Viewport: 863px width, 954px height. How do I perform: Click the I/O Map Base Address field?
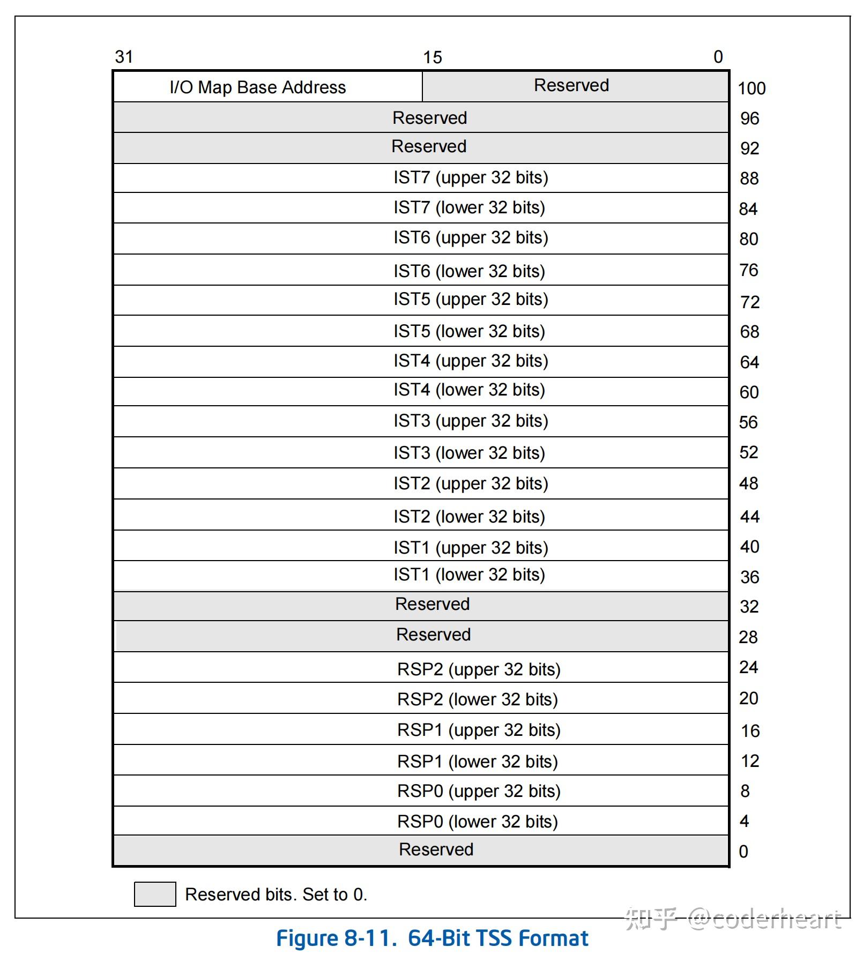click(x=258, y=87)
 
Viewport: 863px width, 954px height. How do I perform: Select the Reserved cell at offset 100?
click(x=571, y=85)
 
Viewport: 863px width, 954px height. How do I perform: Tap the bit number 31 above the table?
click(x=124, y=57)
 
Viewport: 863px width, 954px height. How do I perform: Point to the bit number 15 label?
click(x=432, y=57)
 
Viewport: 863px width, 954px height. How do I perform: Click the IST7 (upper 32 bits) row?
click(x=471, y=177)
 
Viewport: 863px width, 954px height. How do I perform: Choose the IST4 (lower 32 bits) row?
click(x=469, y=390)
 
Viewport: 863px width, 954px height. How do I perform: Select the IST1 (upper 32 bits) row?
click(x=471, y=547)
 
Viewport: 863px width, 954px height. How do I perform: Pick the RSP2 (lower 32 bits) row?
click(x=477, y=699)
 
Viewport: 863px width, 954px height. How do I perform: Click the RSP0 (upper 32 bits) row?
click(x=478, y=791)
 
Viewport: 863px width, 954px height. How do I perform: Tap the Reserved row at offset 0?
click(x=436, y=849)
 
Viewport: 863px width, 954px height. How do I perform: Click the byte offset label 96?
click(x=749, y=118)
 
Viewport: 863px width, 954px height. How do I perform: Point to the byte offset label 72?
click(x=749, y=302)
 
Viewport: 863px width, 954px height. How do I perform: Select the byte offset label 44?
click(x=749, y=517)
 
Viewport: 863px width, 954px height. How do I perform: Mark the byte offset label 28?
click(x=748, y=637)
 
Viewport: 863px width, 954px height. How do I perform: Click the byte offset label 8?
click(x=745, y=791)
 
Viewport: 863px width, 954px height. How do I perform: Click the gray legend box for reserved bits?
click(x=155, y=894)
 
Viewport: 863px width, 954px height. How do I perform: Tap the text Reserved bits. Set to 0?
click(x=276, y=895)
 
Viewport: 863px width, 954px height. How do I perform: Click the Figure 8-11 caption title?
click(x=432, y=938)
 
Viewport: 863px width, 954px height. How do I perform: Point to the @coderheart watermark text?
click(x=764, y=920)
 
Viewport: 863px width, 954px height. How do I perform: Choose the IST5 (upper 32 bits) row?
click(x=471, y=299)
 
